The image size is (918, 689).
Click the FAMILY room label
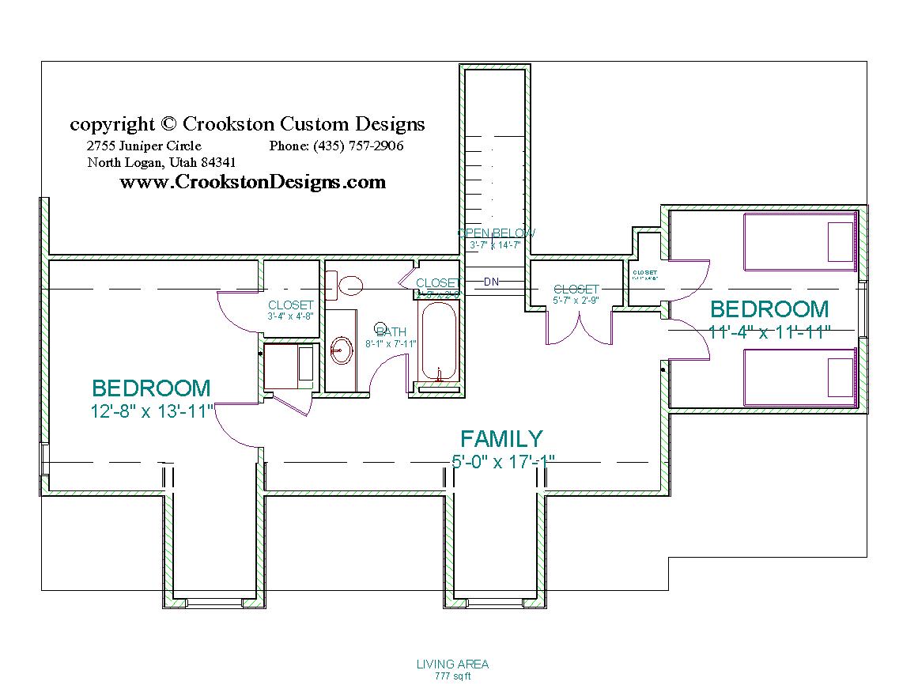[x=501, y=439]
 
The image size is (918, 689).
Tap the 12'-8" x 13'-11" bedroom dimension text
[x=152, y=411]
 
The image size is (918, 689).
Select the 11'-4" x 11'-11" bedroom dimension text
[x=769, y=332]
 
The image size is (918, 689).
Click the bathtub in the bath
[x=437, y=345]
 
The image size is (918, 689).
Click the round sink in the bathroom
[x=342, y=349]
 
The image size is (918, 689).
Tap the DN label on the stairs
[x=491, y=282]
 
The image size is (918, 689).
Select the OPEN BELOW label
[x=496, y=233]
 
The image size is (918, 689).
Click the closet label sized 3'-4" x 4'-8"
[x=291, y=305]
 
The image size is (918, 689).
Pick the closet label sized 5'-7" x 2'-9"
[x=576, y=290]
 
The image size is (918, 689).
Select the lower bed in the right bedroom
[x=800, y=376]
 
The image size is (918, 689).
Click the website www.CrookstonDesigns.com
[x=253, y=183]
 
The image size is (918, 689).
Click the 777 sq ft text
[x=452, y=676]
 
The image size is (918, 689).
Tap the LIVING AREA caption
[x=452, y=664]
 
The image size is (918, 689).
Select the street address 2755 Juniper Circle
[x=144, y=146]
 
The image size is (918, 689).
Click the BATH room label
[x=391, y=332]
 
